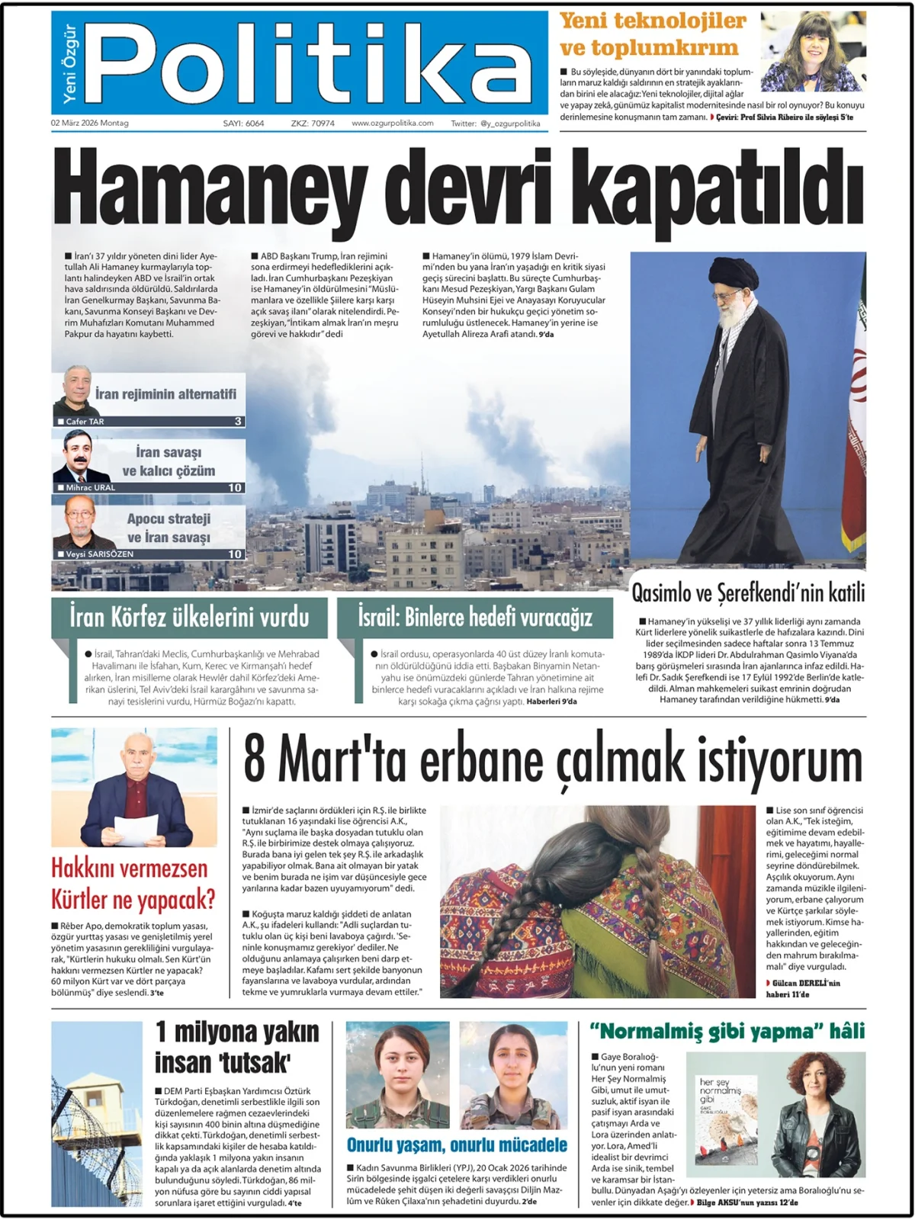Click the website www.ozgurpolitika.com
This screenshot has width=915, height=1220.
tap(392, 123)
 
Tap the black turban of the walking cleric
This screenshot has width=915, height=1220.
tap(734, 271)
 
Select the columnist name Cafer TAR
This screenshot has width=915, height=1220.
tap(85, 422)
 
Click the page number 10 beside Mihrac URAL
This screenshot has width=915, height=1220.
tap(235, 487)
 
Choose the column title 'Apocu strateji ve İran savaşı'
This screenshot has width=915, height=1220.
tap(169, 528)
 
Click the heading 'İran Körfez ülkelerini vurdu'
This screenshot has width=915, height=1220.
tap(189, 617)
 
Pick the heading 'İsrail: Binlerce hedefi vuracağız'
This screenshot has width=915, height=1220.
tap(475, 617)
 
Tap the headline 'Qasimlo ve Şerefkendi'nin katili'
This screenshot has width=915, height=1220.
tap(748, 592)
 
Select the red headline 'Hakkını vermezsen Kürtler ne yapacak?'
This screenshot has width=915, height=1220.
tap(133, 884)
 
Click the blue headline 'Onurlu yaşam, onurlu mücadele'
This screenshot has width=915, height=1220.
tap(457, 1145)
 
